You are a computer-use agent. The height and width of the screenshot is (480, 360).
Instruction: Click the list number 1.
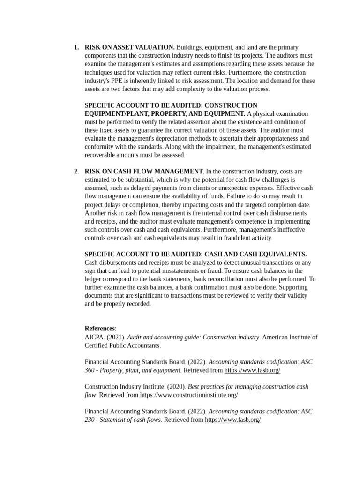[x=76, y=47]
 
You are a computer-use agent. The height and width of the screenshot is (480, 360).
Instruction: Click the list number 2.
[x=76, y=172]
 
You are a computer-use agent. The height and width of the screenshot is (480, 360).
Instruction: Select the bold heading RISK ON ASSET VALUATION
[x=129, y=47]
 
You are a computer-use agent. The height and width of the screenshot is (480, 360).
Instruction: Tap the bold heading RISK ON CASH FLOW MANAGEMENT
[x=144, y=172]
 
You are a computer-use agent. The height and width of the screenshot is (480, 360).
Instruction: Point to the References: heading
[x=100, y=329]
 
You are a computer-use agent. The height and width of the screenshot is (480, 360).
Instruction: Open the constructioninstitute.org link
[x=189, y=395]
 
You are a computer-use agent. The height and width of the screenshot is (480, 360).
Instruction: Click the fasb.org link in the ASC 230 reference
[x=232, y=420]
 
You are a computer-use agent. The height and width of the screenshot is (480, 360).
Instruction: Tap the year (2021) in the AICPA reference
[x=116, y=337]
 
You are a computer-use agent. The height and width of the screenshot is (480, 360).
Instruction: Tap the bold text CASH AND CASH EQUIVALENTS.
[x=255, y=255]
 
